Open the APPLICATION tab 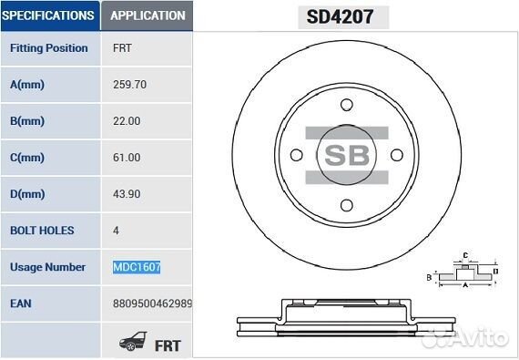coord(147,15)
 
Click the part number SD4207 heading coord(340,16)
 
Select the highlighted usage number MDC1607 coord(137,267)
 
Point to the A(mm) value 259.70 coord(129,85)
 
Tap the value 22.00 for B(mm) coord(127,121)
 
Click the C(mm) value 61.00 coord(127,158)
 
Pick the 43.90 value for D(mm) coord(127,194)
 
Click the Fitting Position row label coord(49,48)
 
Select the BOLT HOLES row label coord(42,231)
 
